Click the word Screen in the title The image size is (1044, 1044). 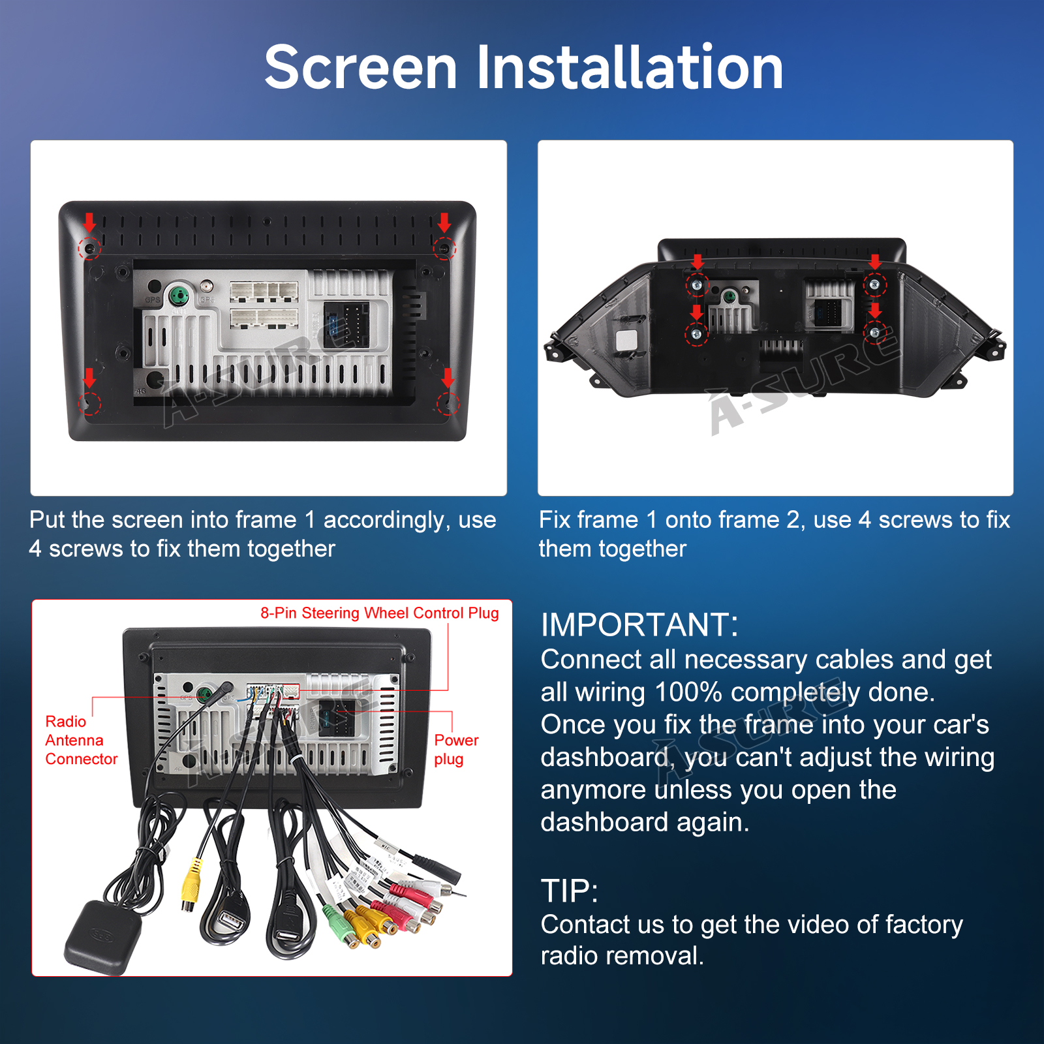tap(361, 67)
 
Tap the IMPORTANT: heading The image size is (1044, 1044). tap(639, 624)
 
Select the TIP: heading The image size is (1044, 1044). tap(569, 891)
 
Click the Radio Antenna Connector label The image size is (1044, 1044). tap(82, 740)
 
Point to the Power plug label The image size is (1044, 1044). tap(456, 750)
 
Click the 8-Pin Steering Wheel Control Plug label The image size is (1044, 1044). tap(380, 613)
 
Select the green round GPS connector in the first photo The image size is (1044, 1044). tap(179, 296)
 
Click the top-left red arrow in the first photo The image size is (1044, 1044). tap(89, 223)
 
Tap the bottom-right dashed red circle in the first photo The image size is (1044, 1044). tap(448, 404)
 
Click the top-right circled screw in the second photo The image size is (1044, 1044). tap(875, 284)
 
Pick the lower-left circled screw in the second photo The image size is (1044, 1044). tap(696, 334)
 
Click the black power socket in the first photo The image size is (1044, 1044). tap(346, 325)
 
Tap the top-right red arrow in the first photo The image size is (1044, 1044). tap(444, 223)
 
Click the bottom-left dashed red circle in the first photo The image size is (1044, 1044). tap(90, 403)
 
